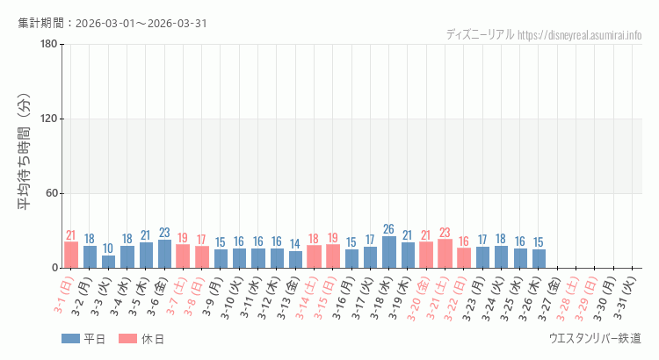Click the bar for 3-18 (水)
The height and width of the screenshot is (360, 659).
pos(388,252)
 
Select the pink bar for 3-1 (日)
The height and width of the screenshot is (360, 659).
pos(71,255)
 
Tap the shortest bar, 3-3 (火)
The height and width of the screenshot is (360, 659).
pos(108,262)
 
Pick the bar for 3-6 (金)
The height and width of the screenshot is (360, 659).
pos(164,254)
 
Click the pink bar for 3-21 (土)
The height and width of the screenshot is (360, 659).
pos(445,254)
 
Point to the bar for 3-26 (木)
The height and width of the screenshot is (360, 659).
pos(538,258)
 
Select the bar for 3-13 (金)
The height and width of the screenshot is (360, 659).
pos(295,259)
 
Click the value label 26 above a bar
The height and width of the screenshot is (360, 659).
pos(388,230)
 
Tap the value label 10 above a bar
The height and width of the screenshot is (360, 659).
pos(108,248)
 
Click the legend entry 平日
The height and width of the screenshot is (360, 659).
pos(83,339)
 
